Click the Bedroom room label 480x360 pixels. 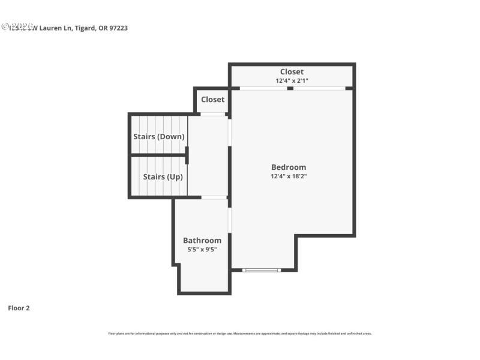tap(289, 167)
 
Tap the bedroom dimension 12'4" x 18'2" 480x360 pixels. tap(289, 176)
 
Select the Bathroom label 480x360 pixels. tap(202, 241)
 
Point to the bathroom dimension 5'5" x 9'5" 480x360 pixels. tap(202, 249)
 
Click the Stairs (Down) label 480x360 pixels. tap(158, 137)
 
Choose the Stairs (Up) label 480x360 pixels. tap(163, 177)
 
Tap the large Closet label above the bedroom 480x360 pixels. tap(292, 72)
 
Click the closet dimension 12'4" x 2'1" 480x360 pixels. tap(292, 80)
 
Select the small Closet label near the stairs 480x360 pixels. tap(212, 100)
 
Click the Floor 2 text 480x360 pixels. tap(19, 308)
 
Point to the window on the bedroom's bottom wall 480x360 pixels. tap(262, 270)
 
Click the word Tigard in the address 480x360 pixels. tap(85, 28)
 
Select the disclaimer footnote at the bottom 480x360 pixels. tap(239, 334)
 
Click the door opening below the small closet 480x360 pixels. tap(212, 114)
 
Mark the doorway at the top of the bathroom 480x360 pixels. tap(214, 197)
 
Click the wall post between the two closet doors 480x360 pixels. tap(290, 88)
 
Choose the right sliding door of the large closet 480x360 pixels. tap(319, 88)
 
